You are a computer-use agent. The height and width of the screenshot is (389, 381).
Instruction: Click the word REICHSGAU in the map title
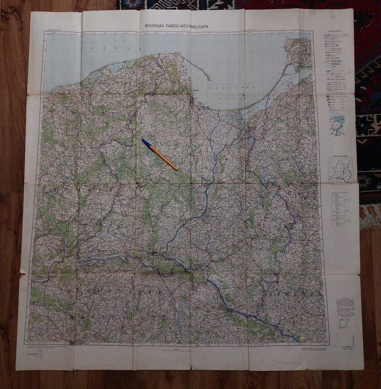click(154, 26)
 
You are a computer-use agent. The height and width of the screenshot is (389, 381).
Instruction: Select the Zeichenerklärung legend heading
click(333, 32)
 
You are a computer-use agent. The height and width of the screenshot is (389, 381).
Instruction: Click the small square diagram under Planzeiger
click(344, 323)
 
